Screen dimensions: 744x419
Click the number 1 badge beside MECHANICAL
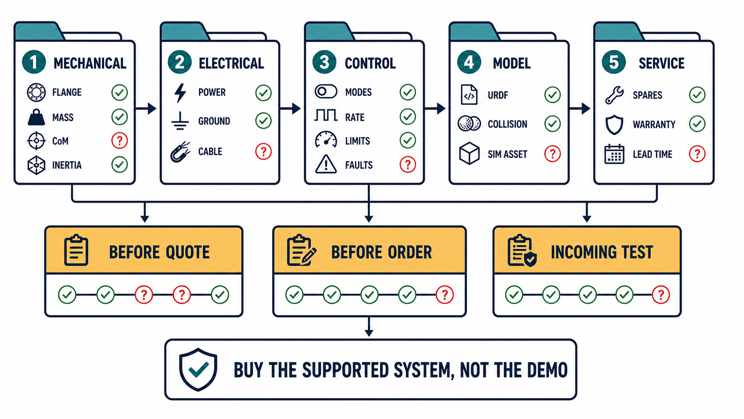(34, 62)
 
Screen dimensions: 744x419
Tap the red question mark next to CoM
(120, 141)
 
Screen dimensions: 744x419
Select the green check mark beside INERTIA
(120, 164)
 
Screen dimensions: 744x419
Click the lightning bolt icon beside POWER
(180, 93)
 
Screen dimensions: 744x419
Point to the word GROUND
(214, 121)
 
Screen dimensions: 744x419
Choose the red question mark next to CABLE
(263, 151)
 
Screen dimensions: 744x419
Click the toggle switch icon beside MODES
(326, 92)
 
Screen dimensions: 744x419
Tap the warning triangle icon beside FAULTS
(326, 164)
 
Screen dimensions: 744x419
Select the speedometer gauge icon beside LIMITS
(326, 139)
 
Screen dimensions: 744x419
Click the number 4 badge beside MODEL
(469, 62)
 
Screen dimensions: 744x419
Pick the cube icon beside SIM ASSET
(469, 154)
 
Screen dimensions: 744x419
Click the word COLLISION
(508, 124)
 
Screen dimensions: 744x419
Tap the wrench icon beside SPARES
(614, 95)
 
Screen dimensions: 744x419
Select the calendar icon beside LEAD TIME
(615, 154)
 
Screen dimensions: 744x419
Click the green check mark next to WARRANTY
(697, 124)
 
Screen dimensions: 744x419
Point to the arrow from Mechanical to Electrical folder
(146, 108)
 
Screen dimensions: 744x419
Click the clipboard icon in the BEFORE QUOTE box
(76, 250)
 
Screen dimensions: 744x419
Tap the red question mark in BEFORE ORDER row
(445, 295)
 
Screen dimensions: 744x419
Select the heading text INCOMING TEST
(602, 252)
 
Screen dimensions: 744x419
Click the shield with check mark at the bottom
(198, 370)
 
